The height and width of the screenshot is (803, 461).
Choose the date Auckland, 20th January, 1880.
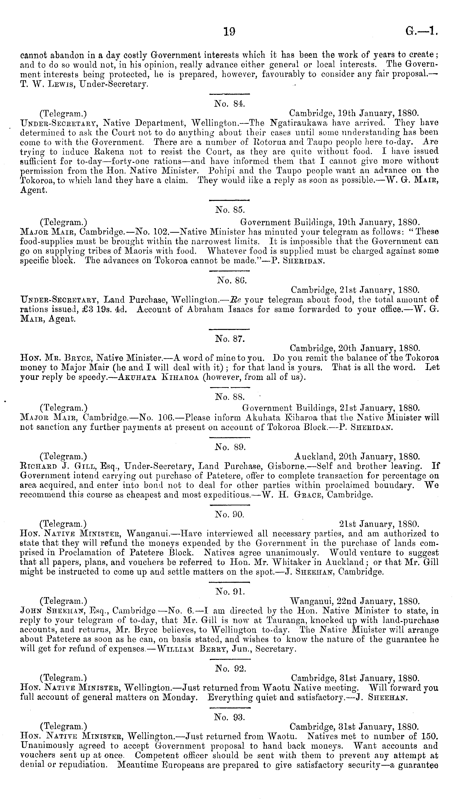357,457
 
